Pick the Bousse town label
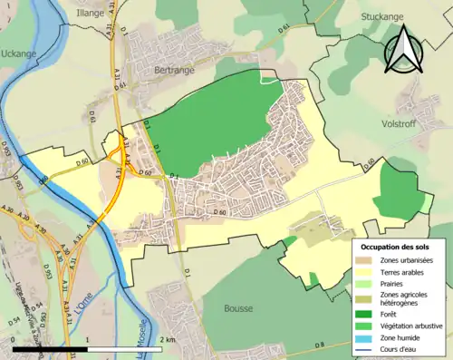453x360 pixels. [237, 308]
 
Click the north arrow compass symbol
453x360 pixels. [402, 49]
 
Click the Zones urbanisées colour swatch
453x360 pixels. [368, 260]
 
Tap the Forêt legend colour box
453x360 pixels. [368, 315]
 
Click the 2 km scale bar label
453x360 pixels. [169, 339]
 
